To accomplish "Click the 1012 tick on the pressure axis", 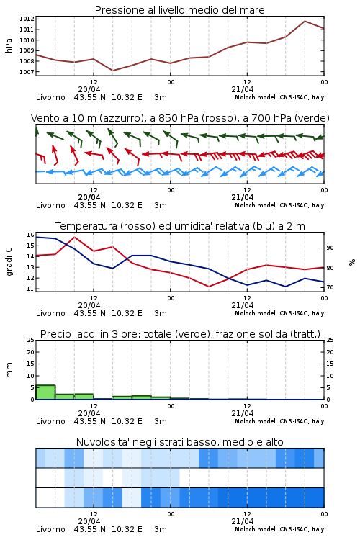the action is click(x=27, y=19).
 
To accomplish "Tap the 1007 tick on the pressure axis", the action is click(x=27, y=72).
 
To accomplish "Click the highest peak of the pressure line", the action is click(x=305, y=21).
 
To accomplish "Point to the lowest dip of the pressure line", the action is click(x=112, y=71).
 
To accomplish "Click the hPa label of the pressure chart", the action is click(x=9, y=45).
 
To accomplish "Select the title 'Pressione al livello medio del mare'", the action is click(x=180, y=10).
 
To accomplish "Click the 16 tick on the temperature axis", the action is click(x=30, y=235).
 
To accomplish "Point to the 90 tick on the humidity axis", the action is click(x=330, y=248).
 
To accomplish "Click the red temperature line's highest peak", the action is click(x=74, y=237).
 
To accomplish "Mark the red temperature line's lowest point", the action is click(x=209, y=287).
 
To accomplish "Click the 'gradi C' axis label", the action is click(x=9, y=261).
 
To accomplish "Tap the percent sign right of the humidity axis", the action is click(x=352, y=262).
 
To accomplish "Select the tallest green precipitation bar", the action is click(x=45, y=392).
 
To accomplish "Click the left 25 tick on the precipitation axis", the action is click(x=30, y=340).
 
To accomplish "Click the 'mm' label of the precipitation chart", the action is click(x=9, y=370).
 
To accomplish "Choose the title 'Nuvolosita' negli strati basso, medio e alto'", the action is click(x=180, y=442).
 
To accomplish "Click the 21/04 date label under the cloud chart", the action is click(x=242, y=521).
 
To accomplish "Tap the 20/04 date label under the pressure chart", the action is click(x=89, y=89).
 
